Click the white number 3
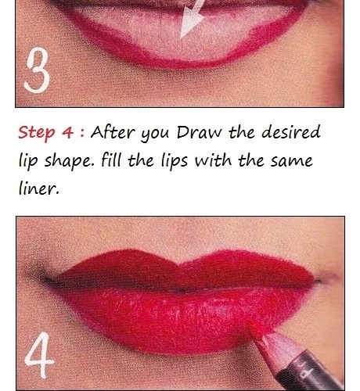37,70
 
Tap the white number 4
39,355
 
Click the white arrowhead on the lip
192,20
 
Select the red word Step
37,133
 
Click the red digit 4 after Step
67,132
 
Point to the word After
113,132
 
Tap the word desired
290,131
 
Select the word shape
68,162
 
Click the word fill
111,160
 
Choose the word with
213,160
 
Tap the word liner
38,188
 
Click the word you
155,135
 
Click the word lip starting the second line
28,162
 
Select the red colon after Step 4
82,133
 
